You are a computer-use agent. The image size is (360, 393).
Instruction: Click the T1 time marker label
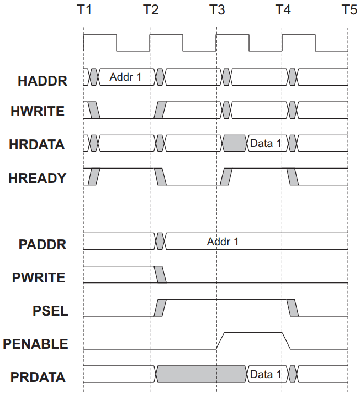coord(84,10)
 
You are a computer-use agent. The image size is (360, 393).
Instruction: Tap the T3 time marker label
coord(217,10)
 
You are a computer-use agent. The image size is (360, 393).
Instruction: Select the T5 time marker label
coord(350,10)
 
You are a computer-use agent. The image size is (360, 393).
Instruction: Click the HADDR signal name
coord(43,81)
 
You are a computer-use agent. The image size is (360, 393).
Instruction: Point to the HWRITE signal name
coord(38,111)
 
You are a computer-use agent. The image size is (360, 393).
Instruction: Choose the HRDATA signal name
coord(37,144)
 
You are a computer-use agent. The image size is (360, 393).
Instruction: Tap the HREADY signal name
coord(38,178)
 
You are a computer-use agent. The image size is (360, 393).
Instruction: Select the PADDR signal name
coord(43,244)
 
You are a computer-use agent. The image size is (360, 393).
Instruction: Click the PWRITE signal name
coord(39,277)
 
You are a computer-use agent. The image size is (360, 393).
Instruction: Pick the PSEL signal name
coord(51,311)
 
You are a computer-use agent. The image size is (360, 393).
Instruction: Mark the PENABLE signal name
coord(35,344)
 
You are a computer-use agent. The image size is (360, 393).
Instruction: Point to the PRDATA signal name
coord(38,377)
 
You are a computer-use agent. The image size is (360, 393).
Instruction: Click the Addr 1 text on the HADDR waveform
coord(125,77)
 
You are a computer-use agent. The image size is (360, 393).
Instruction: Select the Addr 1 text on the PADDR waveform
coord(223,242)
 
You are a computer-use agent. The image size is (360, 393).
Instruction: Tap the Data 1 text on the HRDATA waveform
coord(266,143)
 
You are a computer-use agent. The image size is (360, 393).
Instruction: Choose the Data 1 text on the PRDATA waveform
coord(266,374)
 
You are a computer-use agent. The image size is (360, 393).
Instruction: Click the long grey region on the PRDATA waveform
coord(201,374)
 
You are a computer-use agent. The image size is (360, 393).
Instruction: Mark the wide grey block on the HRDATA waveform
coord(235,143)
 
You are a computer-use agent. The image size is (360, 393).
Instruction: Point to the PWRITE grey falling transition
coord(160,275)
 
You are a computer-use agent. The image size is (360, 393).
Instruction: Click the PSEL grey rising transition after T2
coord(160,307)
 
